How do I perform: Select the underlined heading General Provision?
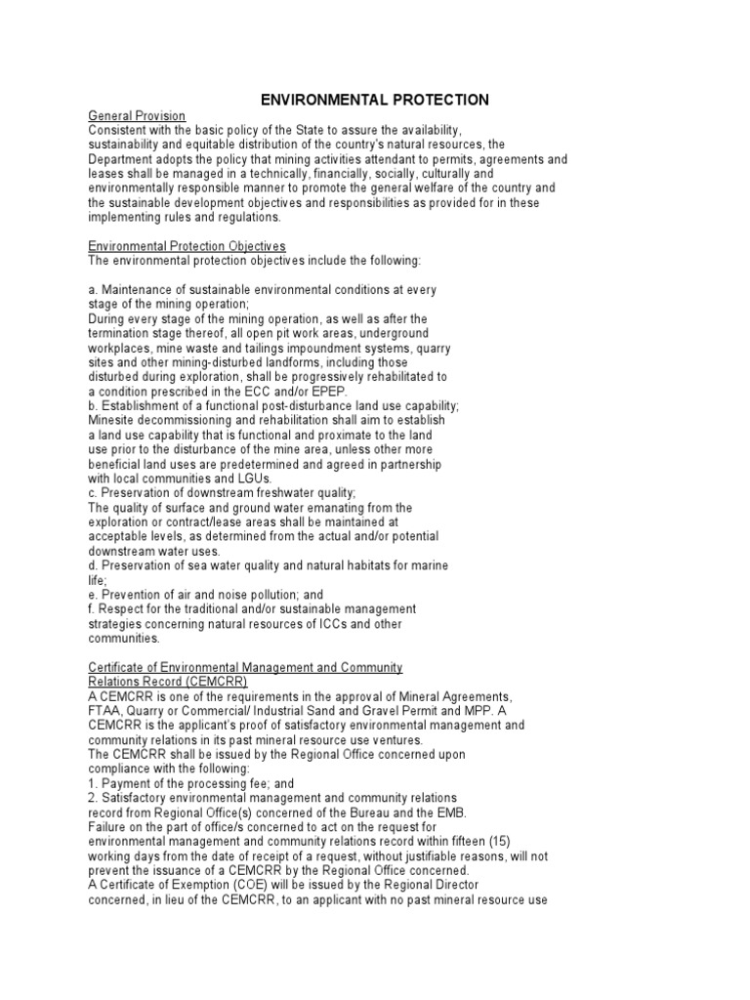pyautogui.click(x=137, y=116)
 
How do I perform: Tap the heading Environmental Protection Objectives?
pyautogui.click(x=187, y=246)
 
